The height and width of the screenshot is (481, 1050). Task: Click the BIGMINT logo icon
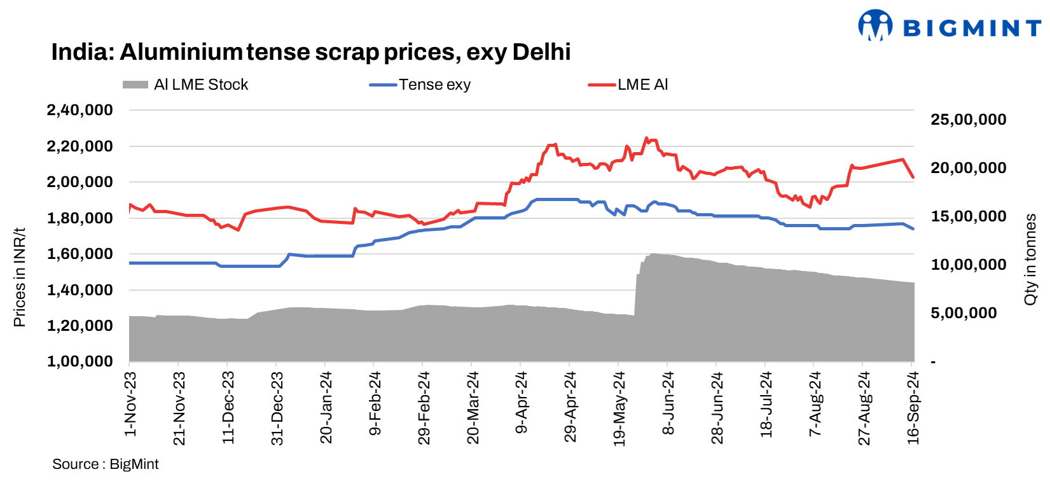point(875,25)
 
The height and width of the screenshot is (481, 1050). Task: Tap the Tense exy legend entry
point(421,85)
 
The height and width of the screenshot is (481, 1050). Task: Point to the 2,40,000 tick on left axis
point(80,110)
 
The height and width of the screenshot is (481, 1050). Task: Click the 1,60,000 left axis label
point(80,254)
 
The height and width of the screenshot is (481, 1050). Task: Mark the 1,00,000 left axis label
point(80,361)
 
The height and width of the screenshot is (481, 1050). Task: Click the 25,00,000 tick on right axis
point(968,120)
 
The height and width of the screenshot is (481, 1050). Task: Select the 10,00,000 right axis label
point(968,265)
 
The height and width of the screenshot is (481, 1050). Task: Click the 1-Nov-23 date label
point(130,404)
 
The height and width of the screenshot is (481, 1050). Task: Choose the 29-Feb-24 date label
point(424,408)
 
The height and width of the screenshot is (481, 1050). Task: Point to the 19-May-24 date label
point(619,408)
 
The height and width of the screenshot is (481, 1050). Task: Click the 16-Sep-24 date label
point(913,408)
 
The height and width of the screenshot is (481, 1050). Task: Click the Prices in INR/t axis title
point(19,277)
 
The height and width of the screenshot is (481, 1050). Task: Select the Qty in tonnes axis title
point(1030,259)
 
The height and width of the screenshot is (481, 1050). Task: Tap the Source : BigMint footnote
point(106,464)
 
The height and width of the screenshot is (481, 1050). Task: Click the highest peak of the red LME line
point(646,137)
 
